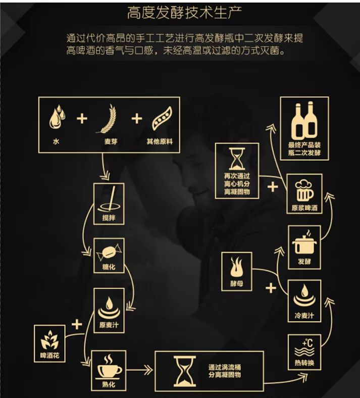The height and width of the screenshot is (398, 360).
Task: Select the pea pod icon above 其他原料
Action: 162,118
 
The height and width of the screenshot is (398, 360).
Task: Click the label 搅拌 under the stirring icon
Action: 109,218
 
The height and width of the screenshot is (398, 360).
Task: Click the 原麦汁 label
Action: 109,325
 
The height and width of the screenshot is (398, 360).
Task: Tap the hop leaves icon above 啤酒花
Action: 49,339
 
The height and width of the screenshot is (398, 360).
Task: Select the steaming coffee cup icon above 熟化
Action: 110,366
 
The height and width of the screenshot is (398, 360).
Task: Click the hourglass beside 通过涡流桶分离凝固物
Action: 185,371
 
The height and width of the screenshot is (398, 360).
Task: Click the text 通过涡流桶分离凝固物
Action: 225,371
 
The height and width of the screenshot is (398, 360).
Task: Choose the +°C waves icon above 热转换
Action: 304,347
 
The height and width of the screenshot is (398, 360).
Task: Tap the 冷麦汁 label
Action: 304,316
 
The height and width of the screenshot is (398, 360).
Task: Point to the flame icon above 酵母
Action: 236,267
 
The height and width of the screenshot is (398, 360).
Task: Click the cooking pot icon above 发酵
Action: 304,242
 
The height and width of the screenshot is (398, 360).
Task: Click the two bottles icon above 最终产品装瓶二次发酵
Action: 304,120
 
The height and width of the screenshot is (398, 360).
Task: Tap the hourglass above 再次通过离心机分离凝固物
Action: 237,159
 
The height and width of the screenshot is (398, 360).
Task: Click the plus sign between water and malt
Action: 82,119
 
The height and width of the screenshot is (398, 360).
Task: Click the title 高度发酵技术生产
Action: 184,13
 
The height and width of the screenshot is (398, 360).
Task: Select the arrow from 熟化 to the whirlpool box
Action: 139,370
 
